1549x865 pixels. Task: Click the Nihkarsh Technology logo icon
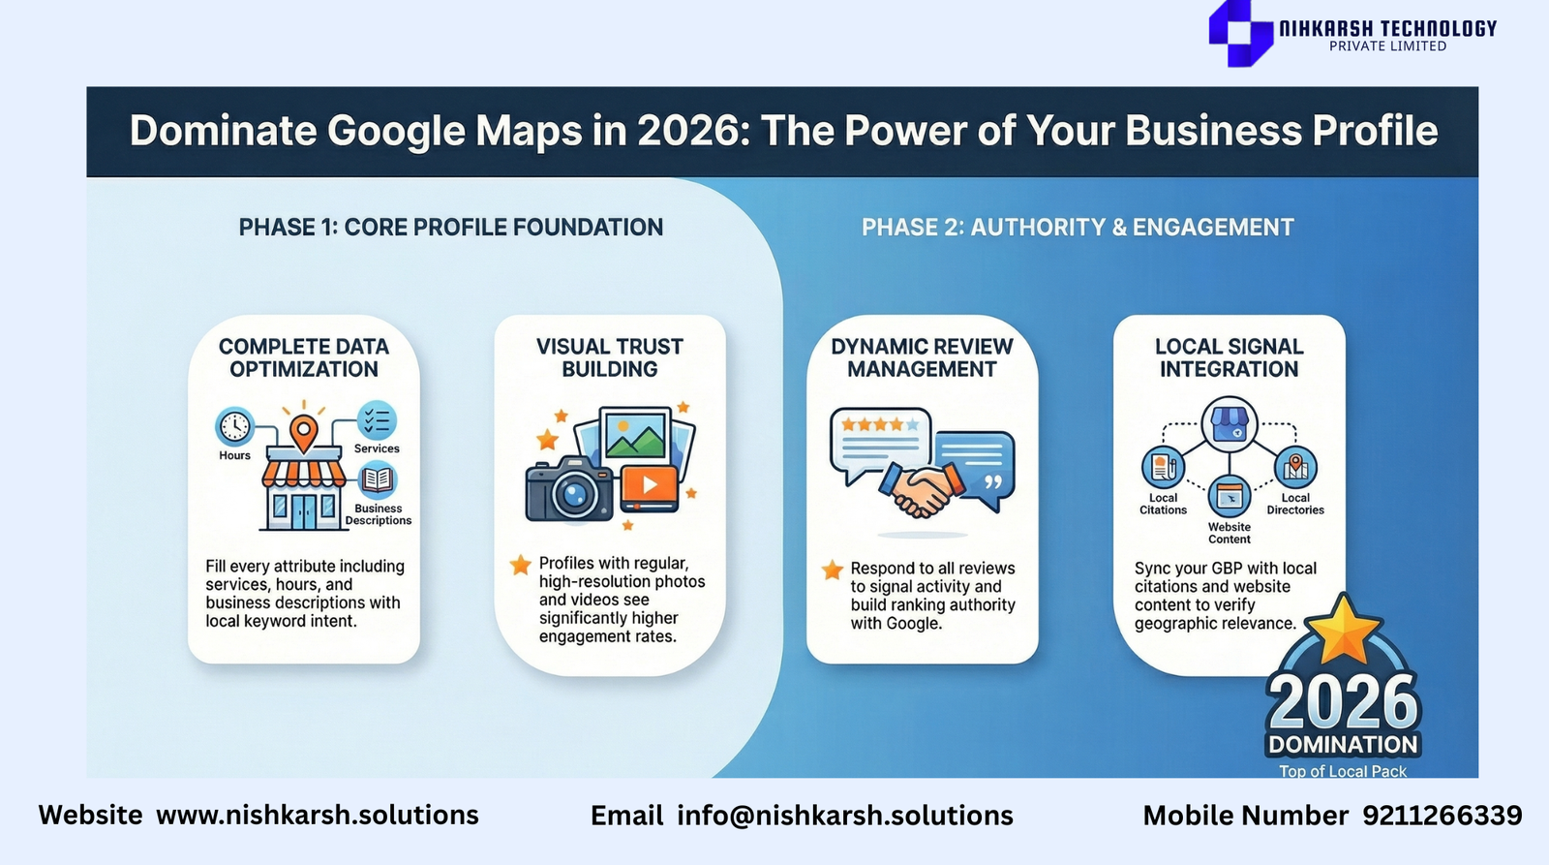pyautogui.click(x=1240, y=33)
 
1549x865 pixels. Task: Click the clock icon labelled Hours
pyautogui.click(x=234, y=426)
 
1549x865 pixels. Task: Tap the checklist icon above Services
pyautogui.click(x=377, y=420)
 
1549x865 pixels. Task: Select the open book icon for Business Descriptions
pyautogui.click(x=377, y=480)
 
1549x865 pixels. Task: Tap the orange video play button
pyautogui.click(x=650, y=485)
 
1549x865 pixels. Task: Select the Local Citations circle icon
pyautogui.click(x=1163, y=468)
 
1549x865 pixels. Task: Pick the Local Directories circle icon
pyautogui.click(x=1295, y=468)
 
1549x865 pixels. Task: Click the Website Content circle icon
pyautogui.click(x=1229, y=496)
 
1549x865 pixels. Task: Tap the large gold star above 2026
pyautogui.click(x=1343, y=629)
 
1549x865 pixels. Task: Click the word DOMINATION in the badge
pyautogui.click(x=1343, y=745)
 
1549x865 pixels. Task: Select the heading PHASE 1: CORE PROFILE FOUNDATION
pyautogui.click(x=451, y=227)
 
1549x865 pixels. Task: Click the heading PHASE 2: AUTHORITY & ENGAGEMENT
pyautogui.click(x=1078, y=227)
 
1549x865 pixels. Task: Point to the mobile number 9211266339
pyautogui.click(x=1442, y=816)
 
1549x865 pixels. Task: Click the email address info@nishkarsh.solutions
pyautogui.click(x=845, y=816)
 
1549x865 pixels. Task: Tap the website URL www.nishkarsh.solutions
pyautogui.click(x=318, y=816)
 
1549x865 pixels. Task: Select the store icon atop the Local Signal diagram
pyautogui.click(x=1229, y=424)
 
